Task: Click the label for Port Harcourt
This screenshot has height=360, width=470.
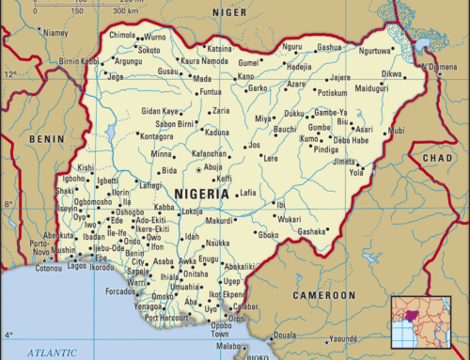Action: pos(163,317)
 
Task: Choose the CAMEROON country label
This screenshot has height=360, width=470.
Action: pos(325,295)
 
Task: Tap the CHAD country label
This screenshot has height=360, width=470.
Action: pos(436,159)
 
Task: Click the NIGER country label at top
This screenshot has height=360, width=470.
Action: pos(227,12)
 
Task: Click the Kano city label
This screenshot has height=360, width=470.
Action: pos(246,75)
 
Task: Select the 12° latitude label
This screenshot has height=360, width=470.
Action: pos(9,74)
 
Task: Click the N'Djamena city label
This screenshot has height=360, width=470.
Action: pos(441,68)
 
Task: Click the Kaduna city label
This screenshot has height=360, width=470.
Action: pos(217,133)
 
